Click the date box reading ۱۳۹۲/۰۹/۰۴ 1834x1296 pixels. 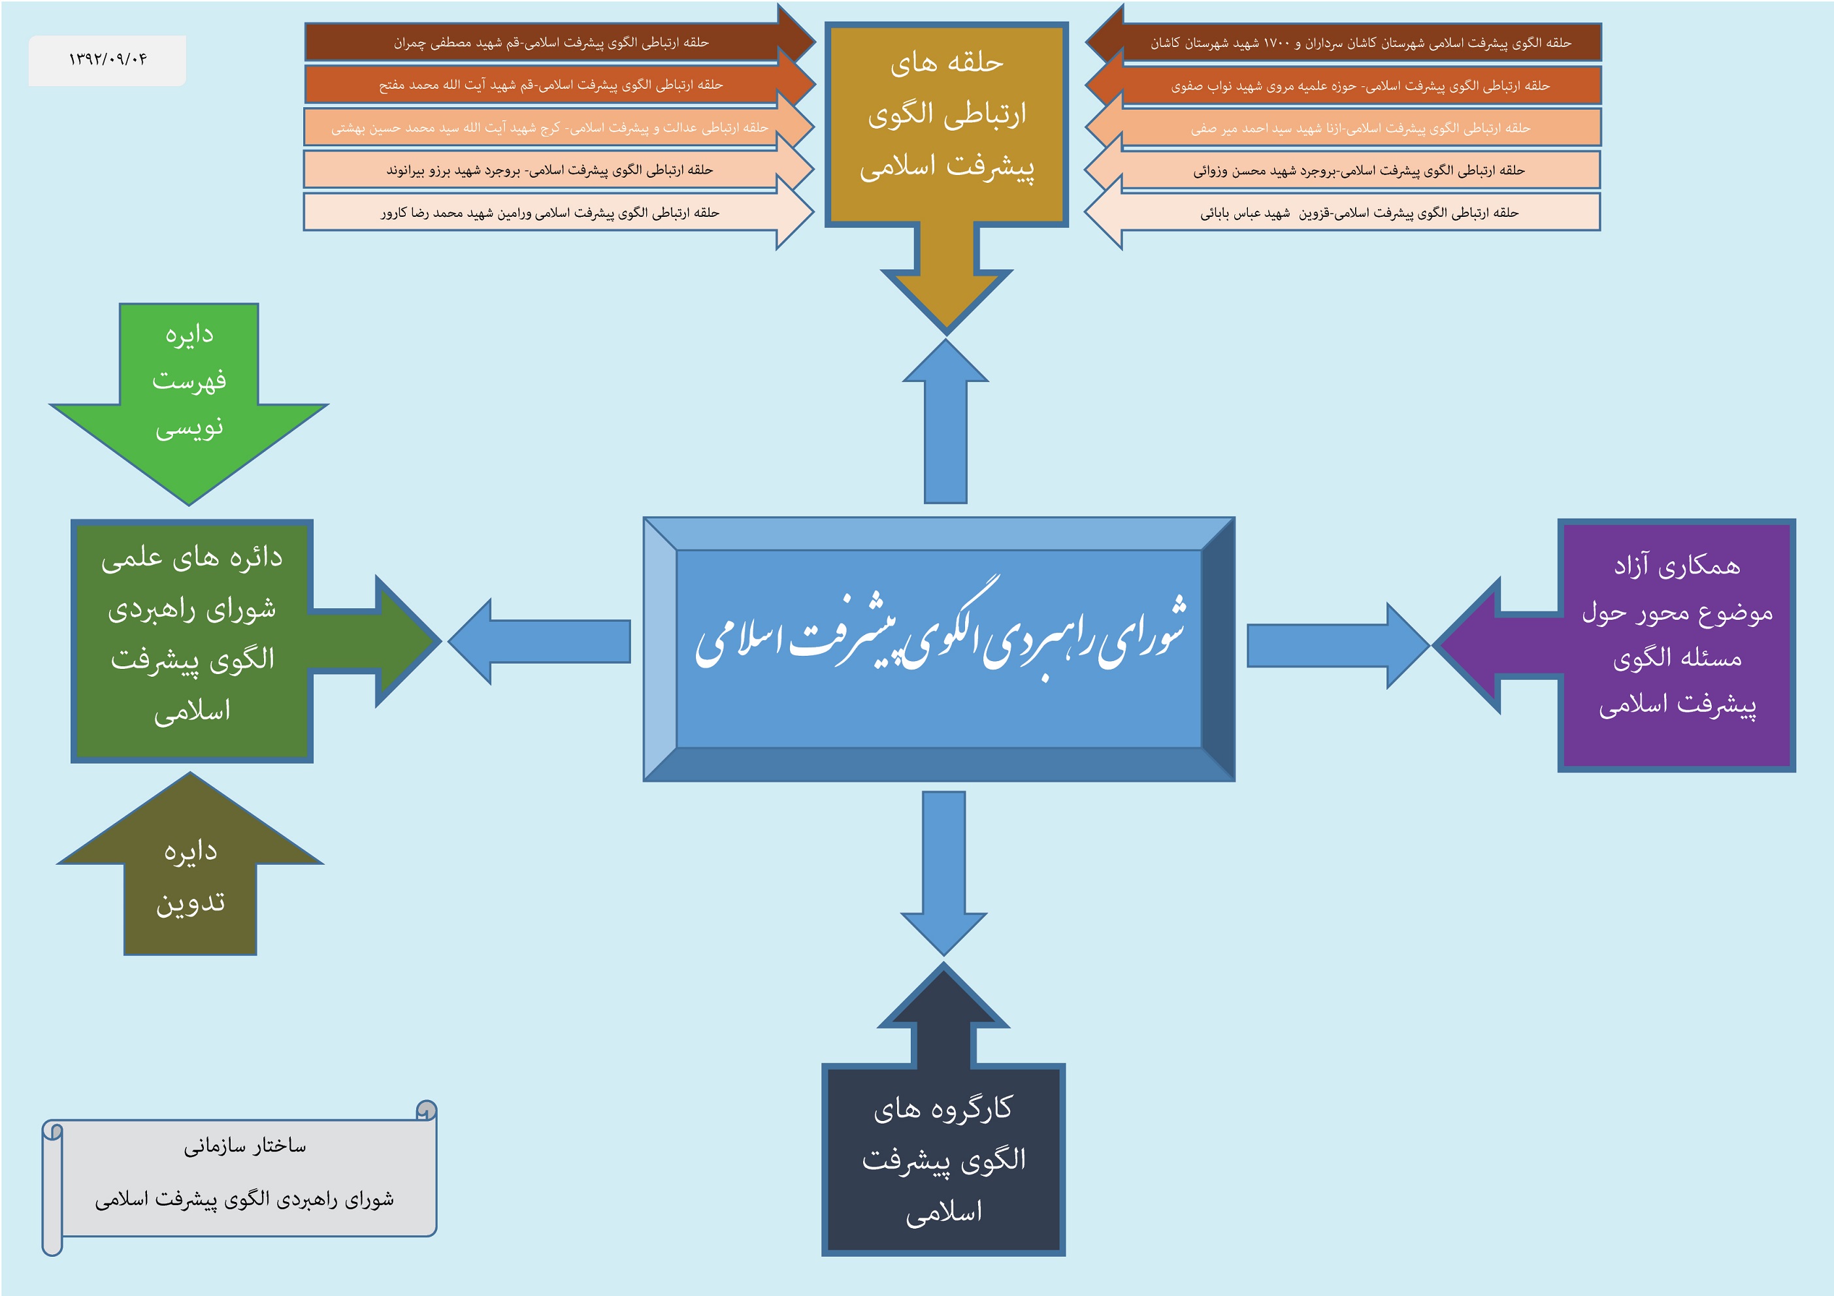[107, 60]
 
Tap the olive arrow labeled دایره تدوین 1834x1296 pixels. [190, 879]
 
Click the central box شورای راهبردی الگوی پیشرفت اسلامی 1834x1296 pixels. [939, 649]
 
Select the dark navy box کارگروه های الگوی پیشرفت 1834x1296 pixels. [943, 1159]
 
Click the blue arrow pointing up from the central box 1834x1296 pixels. [946, 431]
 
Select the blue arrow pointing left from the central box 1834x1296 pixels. [543, 642]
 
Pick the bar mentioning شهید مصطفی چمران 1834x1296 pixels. [551, 42]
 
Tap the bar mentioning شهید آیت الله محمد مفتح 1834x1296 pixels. [551, 85]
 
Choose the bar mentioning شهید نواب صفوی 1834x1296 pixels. [1360, 86]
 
